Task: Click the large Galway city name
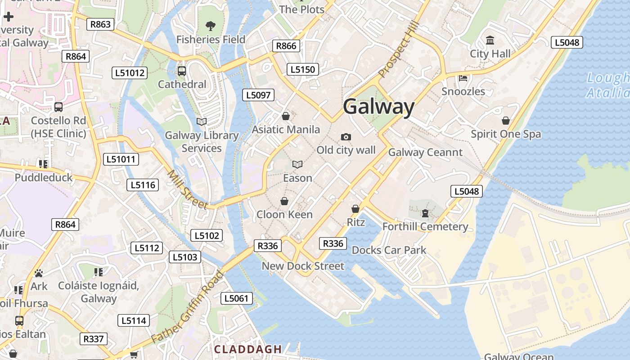(x=378, y=107)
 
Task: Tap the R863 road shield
(x=100, y=24)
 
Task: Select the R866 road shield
(x=286, y=46)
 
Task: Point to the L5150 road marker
(x=303, y=69)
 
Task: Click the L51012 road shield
(x=130, y=73)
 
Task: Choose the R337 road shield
(x=94, y=339)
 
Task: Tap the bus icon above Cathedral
(x=182, y=71)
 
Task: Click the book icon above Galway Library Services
(x=202, y=121)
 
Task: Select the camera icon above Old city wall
(x=346, y=137)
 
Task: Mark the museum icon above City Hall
(x=490, y=41)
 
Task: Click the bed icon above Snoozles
(x=463, y=78)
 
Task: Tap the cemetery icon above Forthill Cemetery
(x=425, y=213)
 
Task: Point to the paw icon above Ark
(x=39, y=273)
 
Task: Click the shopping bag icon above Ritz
(x=355, y=209)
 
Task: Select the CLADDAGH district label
(x=248, y=349)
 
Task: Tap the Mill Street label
(x=188, y=190)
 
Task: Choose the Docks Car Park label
(x=389, y=250)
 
